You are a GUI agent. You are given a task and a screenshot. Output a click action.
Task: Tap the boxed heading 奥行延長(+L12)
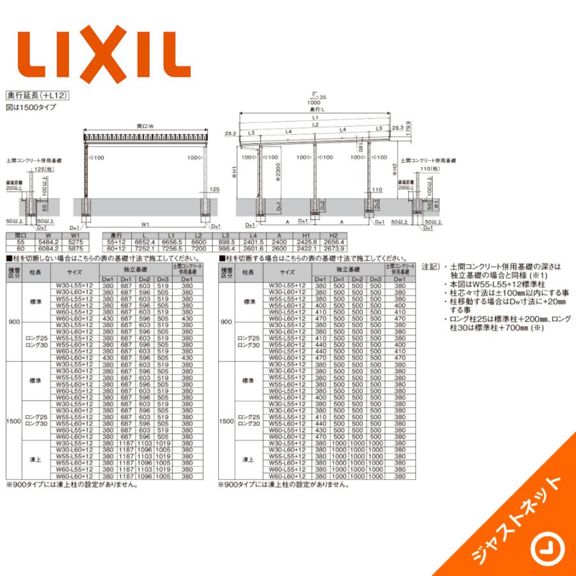click(x=36, y=95)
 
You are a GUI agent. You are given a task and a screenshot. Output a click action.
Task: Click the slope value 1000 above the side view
click(x=314, y=103)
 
